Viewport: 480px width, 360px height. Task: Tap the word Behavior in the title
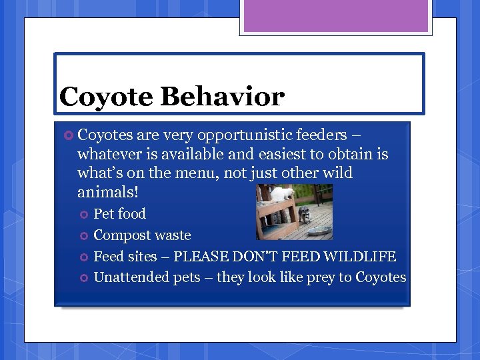pyautogui.click(x=222, y=97)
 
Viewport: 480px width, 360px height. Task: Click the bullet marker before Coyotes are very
pyautogui.click(x=69, y=136)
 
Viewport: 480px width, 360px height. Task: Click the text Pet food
pyautogui.click(x=119, y=214)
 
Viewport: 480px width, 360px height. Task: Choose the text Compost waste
pyautogui.click(x=142, y=235)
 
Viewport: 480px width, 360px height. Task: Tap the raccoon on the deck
pyautogui.click(x=304, y=214)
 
